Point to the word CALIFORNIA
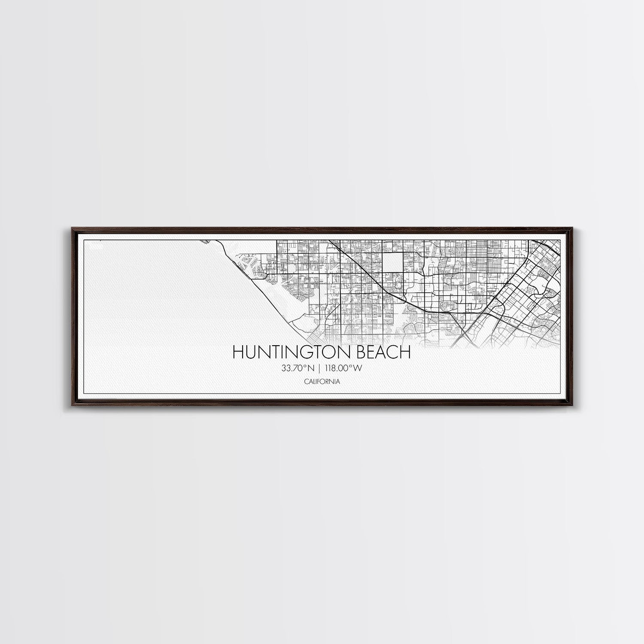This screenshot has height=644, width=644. pos(322,381)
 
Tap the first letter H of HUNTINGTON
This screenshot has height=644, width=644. pos(237,352)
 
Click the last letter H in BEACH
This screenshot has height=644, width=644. pos(405,352)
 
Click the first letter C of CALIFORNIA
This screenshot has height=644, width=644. pos(305,381)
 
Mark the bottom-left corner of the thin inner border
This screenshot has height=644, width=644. pos(84,393)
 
